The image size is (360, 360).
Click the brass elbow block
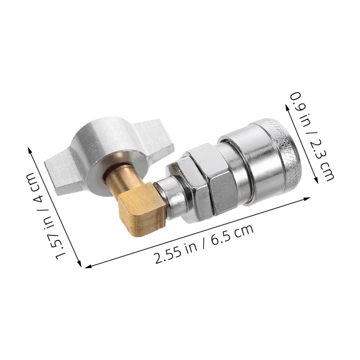pos(142,209)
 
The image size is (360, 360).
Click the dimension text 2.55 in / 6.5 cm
pos(205,244)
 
